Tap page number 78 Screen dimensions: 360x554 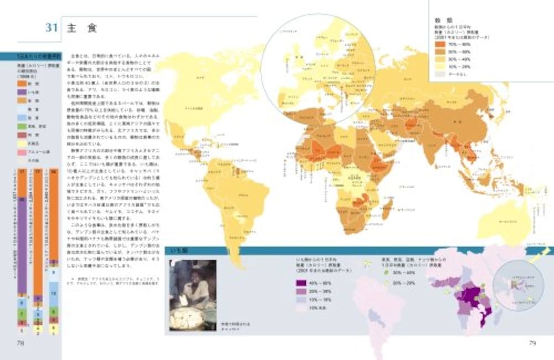click(20, 343)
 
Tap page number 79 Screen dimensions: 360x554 click(532, 343)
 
